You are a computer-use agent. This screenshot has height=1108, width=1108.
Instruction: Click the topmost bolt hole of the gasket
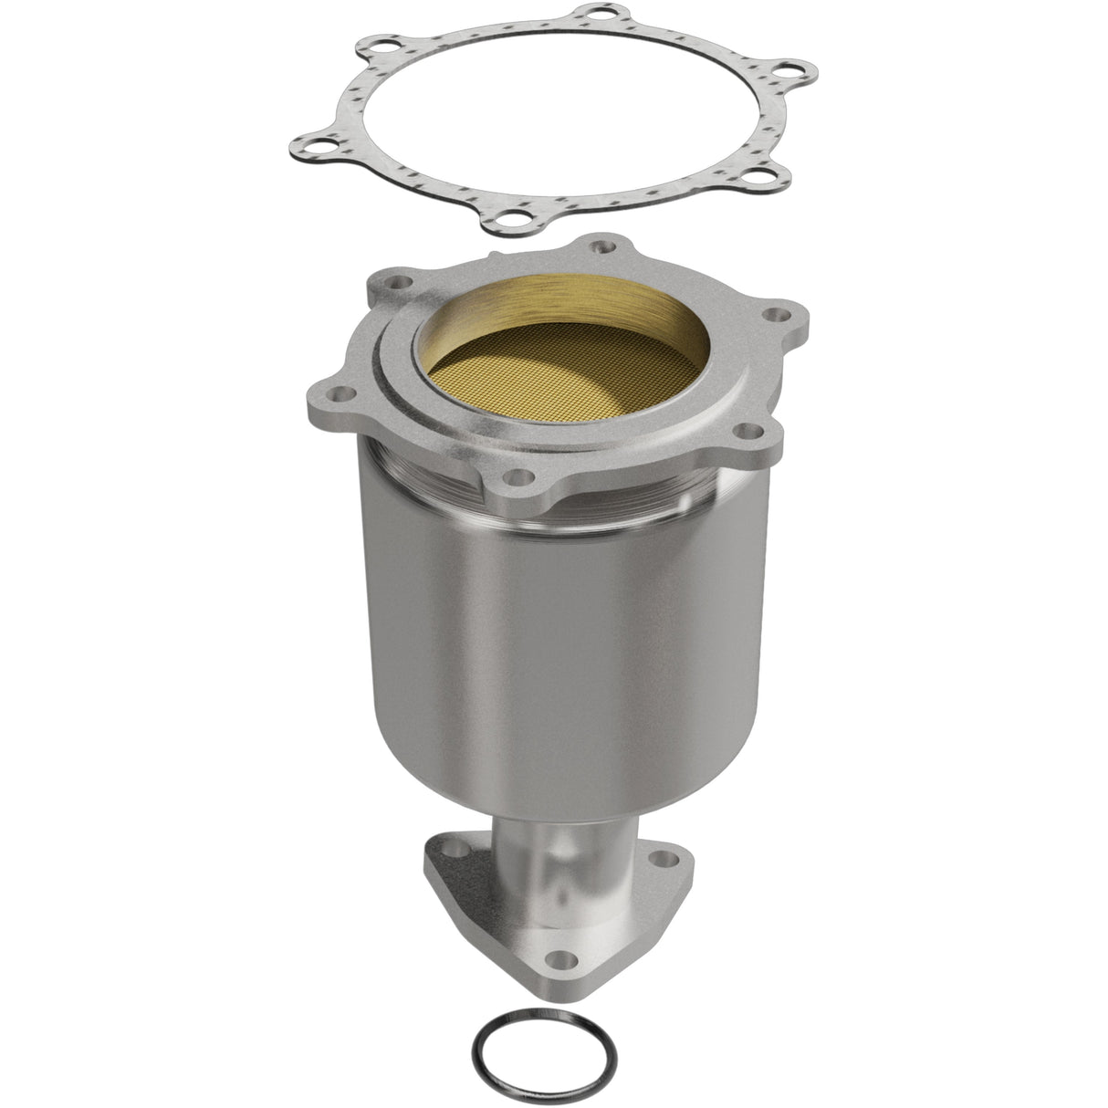pos(598,16)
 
